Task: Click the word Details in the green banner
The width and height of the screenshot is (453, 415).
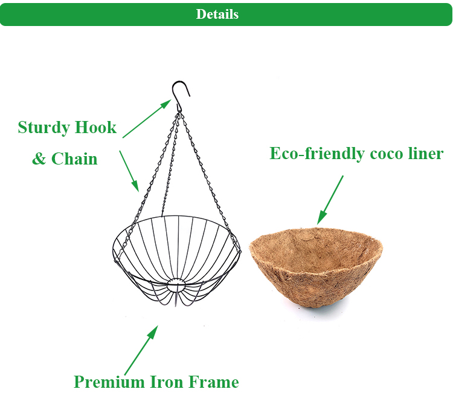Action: point(217,15)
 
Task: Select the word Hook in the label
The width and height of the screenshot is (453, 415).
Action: point(95,128)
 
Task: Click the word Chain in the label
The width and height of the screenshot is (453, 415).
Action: point(74,159)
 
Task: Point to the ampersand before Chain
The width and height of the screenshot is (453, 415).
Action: point(39,159)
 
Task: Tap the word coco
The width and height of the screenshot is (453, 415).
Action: point(387,154)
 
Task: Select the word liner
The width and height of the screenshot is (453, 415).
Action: point(427,154)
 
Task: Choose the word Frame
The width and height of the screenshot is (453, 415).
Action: point(213,382)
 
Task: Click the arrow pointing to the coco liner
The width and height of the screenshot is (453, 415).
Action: point(330,200)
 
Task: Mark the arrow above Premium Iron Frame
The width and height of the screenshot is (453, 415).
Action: point(141,350)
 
